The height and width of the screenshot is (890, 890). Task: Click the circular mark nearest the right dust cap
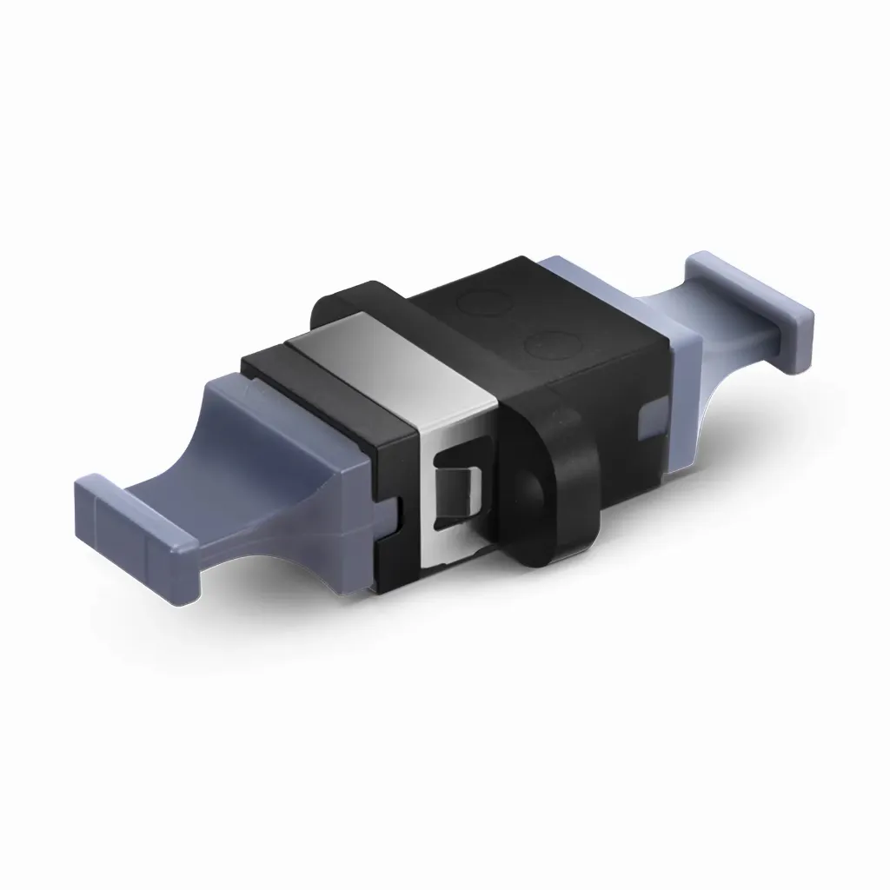click(x=546, y=346)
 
